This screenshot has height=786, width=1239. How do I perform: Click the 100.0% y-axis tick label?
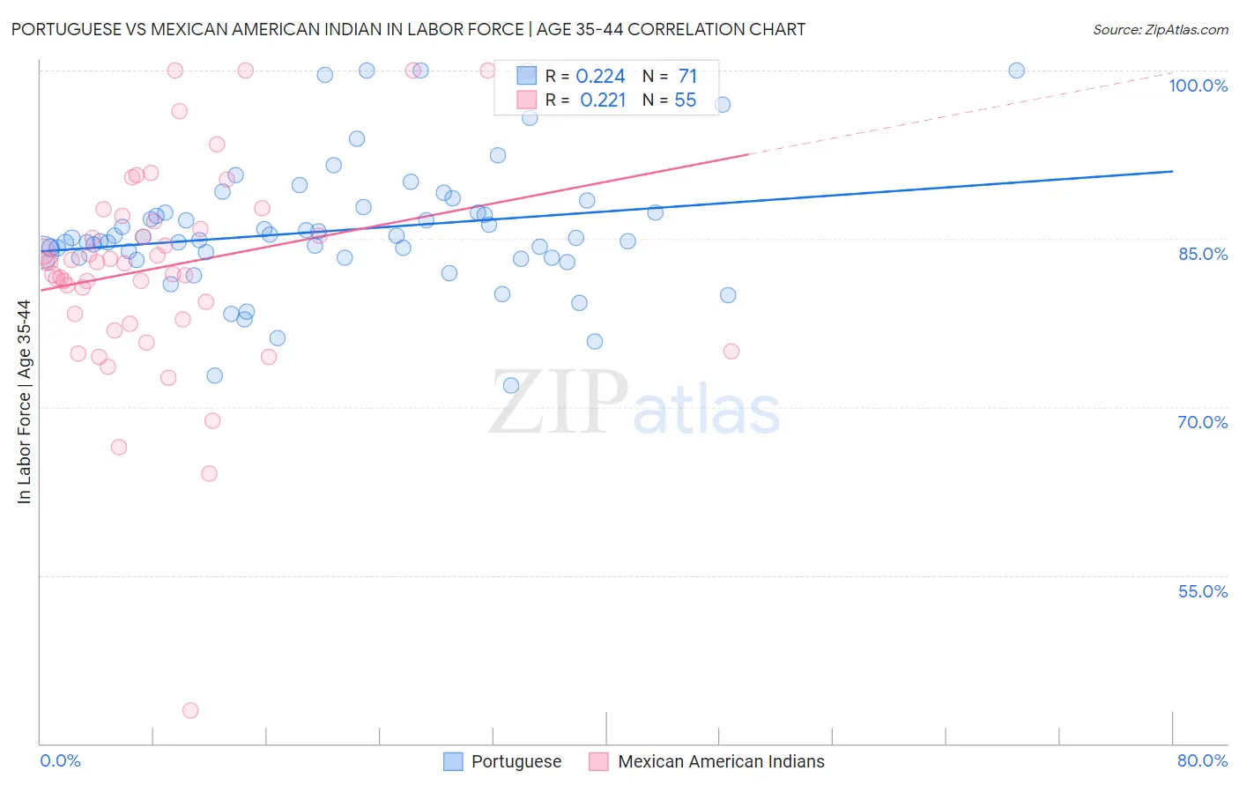pyautogui.click(x=1198, y=85)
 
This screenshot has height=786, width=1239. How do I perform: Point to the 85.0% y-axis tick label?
pyautogui.click(x=1202, y=254)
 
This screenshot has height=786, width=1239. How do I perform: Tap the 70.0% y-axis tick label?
pyautogui.click(x=1202, y=422)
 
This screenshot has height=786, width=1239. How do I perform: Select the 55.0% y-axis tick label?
pyautogui.click(x=1202, y=591)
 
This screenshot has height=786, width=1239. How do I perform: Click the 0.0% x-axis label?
pyautogui.click(x=60, y=760)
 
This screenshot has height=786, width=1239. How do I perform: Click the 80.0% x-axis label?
pyautogui.click(x=1202, y=760)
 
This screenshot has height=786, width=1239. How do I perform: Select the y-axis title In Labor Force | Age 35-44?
pyautogui.click(x=24, y=402)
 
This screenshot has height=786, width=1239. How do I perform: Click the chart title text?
pyautogui.click(x=408, y=29)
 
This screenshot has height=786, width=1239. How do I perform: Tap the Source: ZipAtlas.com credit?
pyautogui.click(x=1160, y=30)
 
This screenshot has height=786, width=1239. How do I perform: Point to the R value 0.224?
pyautogui.click(x=600, y=77)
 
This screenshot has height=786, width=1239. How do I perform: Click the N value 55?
pyautogui.click(x=685, y=100)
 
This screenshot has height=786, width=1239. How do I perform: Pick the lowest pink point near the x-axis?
pyautogui.click(x=190, y=710)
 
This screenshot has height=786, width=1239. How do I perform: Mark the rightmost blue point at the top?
pyautogui.click(x=1016, y=70)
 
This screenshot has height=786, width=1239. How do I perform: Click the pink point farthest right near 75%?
pyautogui.click(x=731, y=352)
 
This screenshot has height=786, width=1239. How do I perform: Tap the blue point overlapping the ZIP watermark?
pyautogui.click(x=511, y=385)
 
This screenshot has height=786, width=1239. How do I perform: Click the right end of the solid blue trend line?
pyautogui.click(x=1172, y=171)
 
